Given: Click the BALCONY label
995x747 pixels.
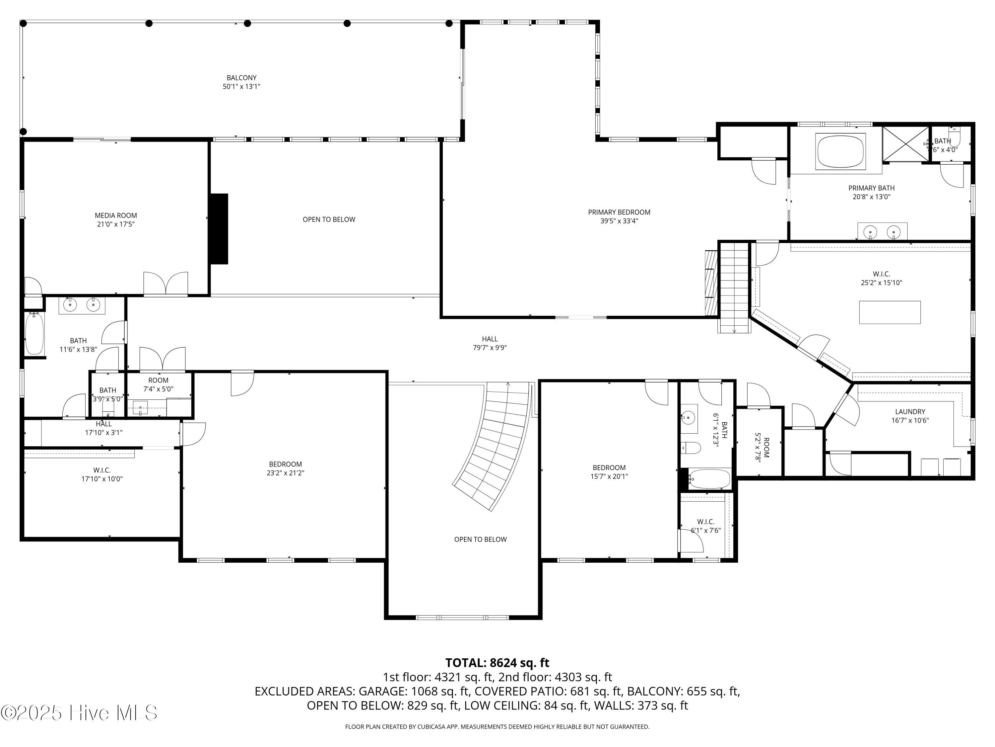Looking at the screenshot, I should [241, 78].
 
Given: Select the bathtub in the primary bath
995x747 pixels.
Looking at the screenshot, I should [840, 152].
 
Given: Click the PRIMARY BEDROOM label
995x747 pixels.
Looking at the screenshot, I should [619, 212].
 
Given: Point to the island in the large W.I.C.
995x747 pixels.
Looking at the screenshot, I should [889, 312].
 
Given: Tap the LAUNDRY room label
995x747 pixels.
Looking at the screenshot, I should [909, 412].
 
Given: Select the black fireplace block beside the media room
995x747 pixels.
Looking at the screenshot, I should [219, 229].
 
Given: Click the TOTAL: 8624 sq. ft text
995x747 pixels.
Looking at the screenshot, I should [497, 663].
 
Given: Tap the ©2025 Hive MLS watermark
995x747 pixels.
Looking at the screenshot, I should [79, 713].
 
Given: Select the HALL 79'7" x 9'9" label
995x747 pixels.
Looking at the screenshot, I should [490, 343].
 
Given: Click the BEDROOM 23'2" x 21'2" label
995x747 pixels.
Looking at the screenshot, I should [285, 468].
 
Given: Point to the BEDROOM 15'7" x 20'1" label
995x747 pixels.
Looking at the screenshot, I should [609, 472].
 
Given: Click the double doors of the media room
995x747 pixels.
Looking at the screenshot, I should [166, 284].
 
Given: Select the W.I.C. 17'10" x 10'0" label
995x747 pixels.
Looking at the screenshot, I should [102, 474].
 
